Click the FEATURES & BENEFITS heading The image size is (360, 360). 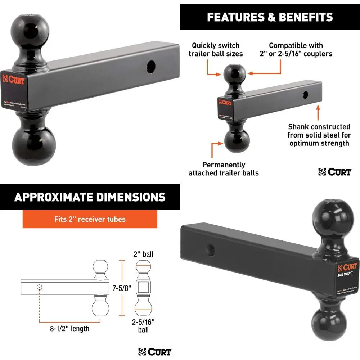pos(270,17)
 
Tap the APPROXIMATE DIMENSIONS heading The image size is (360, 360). pos(90,197)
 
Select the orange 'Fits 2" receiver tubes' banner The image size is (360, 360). pos(90,219)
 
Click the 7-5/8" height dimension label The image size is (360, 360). pos(122,288)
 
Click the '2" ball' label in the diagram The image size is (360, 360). pos(143,255)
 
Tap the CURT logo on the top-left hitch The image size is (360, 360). pos(14,79)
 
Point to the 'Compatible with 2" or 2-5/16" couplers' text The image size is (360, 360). pos(296,50)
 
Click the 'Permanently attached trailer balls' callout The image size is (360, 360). pos(223,169)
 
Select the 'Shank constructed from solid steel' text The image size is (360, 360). pos(319,135)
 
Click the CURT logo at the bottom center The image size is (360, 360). pos(155,352)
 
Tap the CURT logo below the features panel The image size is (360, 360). pos(335,172)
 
